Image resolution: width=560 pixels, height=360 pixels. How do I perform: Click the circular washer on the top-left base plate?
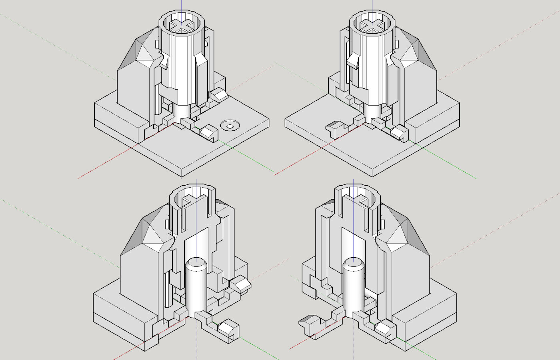230,126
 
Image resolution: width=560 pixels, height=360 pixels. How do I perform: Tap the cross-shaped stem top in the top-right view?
372,26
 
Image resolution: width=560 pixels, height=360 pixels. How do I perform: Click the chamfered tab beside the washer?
209,132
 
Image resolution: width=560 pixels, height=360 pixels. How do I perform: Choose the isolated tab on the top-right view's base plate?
335,129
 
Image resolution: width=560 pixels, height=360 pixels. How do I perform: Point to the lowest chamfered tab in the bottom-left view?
228,329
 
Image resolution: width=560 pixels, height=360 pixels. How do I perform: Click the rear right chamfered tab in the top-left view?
219,95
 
